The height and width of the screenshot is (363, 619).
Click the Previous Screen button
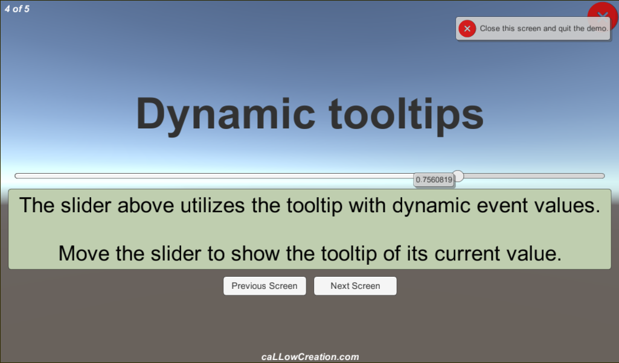pyautogui.click(x=265, y=286)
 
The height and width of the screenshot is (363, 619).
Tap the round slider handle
pyautogui.click(x=458, y=176)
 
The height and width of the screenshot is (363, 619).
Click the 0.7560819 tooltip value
pyautogui.click(x=434, y=180)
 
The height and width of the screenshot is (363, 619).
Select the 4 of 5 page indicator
pyautogui.click(x=17, y=8)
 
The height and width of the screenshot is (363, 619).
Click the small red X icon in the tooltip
pyautogui.click(x=467, y=28)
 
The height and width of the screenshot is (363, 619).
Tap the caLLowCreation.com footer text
pyautogui.click(x=310, y=357)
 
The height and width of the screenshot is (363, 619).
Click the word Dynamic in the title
pyautogui.click(x=225, y=115)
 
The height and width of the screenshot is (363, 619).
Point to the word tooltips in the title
pyautogui.click(x=406, y=115)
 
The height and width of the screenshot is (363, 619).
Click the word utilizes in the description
pyautogui.click(x=213, y=205)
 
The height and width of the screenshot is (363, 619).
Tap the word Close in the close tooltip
pyautogui.click(x=490, y=28)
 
